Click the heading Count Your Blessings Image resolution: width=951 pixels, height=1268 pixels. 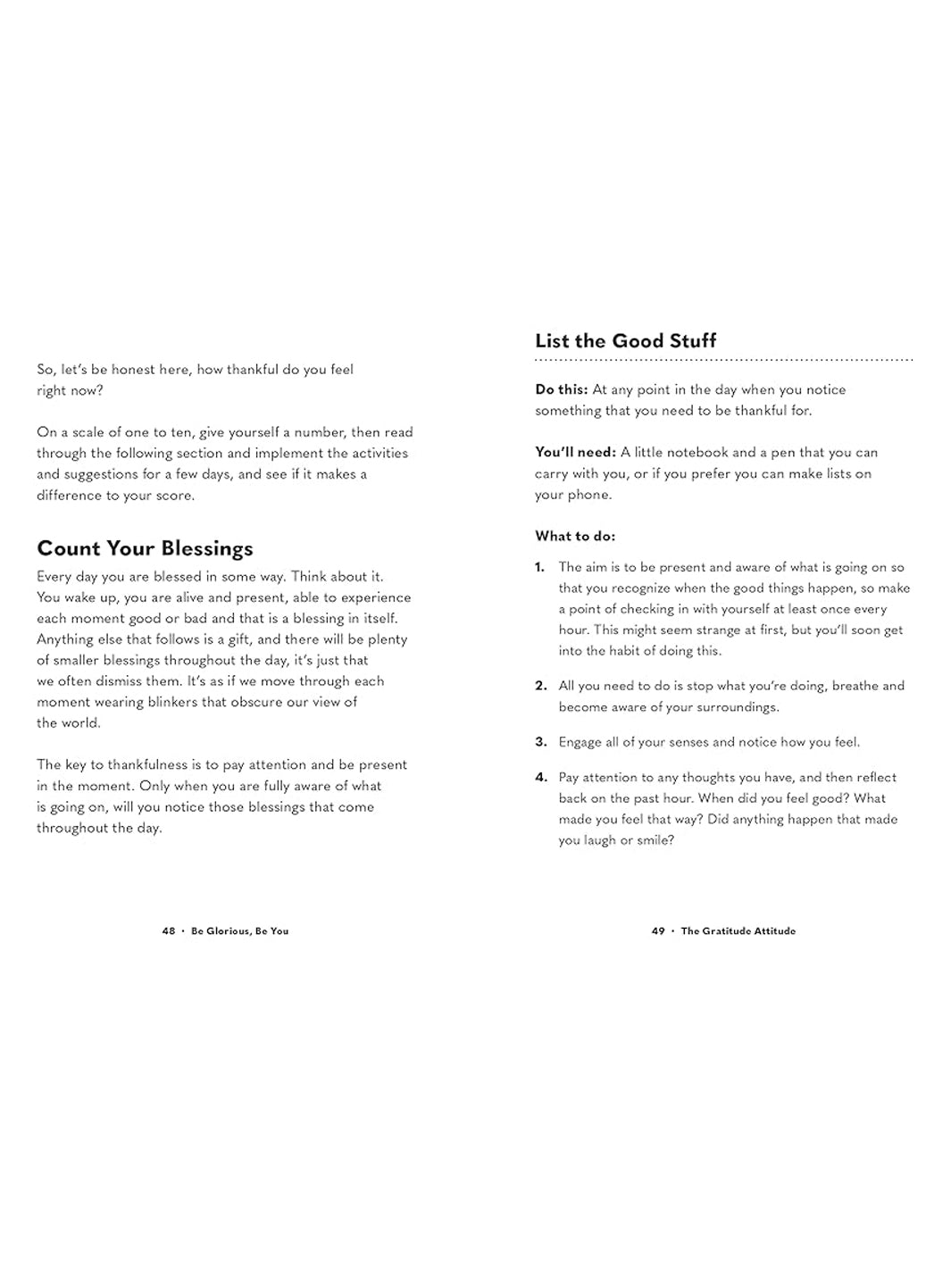(x=145, y=548)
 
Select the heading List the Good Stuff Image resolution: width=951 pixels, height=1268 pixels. (x=625, y=340)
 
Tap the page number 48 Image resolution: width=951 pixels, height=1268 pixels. (x=169, y=930)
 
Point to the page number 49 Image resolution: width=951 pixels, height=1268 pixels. (x=658, y=930)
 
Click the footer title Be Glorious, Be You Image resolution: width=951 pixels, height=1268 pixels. (x=239, y=930)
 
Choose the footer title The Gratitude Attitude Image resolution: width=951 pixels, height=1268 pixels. (x=738, y=930)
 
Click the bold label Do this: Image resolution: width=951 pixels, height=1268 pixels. (x=561, y=389)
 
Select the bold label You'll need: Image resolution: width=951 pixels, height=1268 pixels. (x=575, y=452)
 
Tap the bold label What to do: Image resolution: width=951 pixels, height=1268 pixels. (x=575, y=536)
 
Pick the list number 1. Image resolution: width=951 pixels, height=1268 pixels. (x=539, y=567)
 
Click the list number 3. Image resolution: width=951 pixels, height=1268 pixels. (x=540, y=742)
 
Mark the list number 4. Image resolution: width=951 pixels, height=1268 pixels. (x=540, y=777)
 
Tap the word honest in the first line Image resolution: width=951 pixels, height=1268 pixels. (x=133, y=369)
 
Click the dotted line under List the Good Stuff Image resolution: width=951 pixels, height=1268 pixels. (x=723, y=360)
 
